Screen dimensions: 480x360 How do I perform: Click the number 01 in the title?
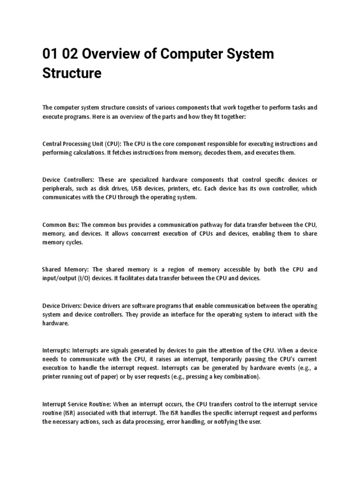point(50,54)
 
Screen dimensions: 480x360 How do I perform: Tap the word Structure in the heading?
point(72,74)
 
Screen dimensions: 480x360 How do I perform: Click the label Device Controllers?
point(68,180)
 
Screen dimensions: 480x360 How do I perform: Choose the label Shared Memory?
point(65,270)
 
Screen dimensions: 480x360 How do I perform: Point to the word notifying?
point(220,422)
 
